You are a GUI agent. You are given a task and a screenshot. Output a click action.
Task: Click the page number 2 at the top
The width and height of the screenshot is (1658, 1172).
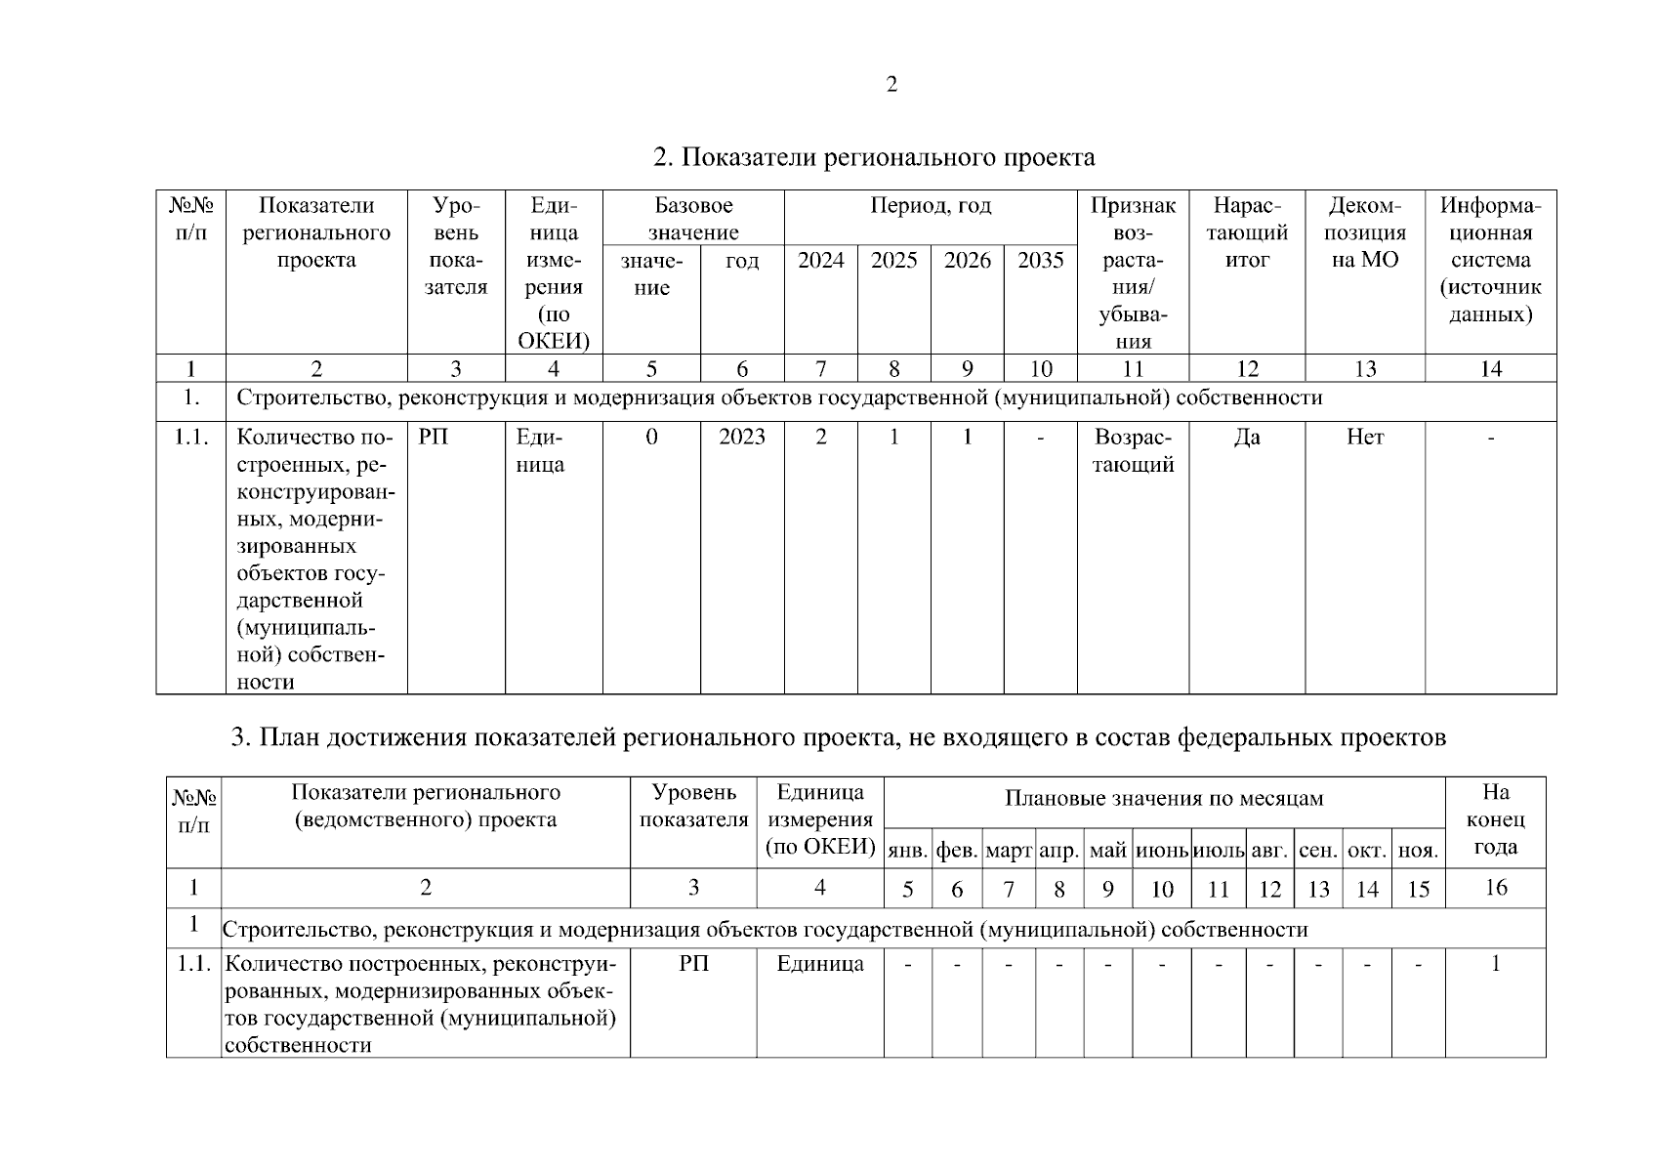click(891, 85)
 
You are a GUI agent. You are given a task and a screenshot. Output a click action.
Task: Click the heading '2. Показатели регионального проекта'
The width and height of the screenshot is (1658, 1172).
click(873, 157)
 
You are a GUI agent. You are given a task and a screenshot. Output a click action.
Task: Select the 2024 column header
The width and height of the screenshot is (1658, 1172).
click(820, 261)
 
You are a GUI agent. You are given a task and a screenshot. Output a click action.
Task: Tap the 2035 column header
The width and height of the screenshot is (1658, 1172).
click(1040, 261)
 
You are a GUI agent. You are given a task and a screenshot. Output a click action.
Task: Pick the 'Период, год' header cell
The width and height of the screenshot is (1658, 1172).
click(930, 206)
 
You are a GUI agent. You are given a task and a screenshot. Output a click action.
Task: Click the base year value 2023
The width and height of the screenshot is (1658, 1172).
click(742, 438)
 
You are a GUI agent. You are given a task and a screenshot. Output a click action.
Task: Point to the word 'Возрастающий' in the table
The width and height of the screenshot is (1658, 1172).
click(1133, 450)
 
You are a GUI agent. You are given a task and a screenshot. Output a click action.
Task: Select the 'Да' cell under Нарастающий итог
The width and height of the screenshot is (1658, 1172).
click(1247, 438)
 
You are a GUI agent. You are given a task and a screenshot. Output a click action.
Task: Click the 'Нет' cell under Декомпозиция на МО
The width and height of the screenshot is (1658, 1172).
click(1364, 438)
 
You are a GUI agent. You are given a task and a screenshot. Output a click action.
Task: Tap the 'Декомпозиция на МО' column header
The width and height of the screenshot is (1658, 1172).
click(1365, 233)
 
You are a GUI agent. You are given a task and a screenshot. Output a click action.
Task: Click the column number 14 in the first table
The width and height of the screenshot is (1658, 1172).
click(1490, 369)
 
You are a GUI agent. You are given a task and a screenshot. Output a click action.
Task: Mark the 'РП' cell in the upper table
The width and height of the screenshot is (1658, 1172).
click(434, 438)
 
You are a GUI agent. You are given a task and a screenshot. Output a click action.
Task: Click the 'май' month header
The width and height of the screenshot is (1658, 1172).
click(1107, 851)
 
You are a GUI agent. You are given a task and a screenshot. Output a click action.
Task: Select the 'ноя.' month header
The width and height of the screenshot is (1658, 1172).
click(1418, 851)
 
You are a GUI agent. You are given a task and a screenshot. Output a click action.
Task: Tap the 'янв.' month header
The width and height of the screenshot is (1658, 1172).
click(907, 851)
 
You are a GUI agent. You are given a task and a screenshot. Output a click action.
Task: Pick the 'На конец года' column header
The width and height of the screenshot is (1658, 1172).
click(1495, 819)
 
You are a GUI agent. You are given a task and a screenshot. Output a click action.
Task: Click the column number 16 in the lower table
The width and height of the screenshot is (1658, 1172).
click(1495, 888)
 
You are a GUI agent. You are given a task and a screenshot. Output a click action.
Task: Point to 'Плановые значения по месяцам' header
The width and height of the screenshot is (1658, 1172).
click(1164, 799)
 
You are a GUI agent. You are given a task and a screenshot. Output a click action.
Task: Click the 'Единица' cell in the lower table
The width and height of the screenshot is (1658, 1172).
click(820, 965)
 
